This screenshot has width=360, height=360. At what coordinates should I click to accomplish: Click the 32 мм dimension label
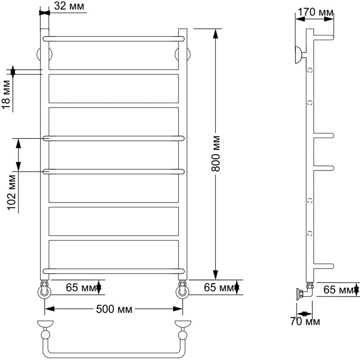point(69,6)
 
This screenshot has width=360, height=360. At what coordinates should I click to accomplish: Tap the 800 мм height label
point(216,153)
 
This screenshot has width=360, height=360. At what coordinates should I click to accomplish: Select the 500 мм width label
point(114,309)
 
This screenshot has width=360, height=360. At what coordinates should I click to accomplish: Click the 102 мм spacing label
point(12,193)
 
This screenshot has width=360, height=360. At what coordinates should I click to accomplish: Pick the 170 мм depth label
point(315,12)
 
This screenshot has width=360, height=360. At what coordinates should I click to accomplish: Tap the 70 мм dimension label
point(305,321)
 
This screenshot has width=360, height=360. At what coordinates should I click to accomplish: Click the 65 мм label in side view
point(338,290)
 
